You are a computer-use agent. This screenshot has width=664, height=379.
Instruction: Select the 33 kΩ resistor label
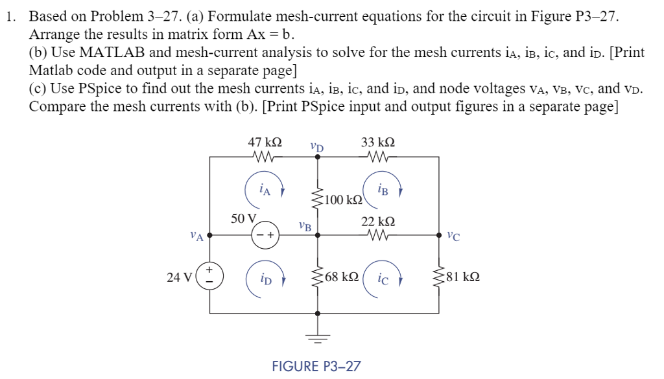point(378,142)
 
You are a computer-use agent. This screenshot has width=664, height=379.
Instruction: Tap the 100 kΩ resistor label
point(344,200)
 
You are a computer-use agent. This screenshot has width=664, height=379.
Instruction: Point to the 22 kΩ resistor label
point(378,222)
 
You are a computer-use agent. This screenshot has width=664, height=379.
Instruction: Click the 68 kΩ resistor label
point(342,277)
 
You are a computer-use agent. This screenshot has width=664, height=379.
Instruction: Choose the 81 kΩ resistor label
point(463,277)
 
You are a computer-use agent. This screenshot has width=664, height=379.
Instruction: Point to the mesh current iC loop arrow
point(383,279)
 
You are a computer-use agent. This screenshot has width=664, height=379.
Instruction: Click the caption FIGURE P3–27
point(316,366)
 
